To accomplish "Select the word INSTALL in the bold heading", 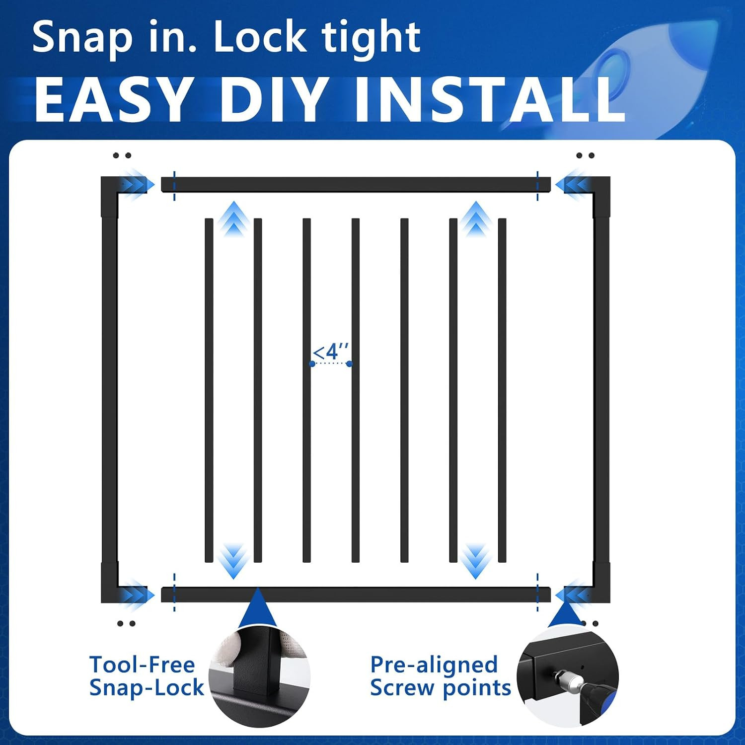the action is pos(490,99).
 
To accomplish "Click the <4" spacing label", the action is pos(331,352).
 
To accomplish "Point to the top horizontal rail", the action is pos(356,184).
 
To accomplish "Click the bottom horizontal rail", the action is pos(356,595).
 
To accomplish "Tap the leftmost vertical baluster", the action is pos(209,390).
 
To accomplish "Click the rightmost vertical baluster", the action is pos(502,390).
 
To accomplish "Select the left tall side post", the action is pos(109,390).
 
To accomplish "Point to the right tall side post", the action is pos(602,390).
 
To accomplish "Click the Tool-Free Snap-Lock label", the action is pos(147,676).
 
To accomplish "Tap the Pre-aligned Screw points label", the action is pos(441,676).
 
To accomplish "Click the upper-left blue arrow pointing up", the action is pos(233,219).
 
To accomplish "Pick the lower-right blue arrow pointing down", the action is pos(476,561).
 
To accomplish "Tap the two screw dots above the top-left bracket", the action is pos(122,155).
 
